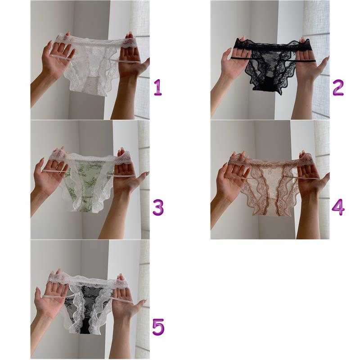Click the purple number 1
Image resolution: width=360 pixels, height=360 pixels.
[x=158, y=87]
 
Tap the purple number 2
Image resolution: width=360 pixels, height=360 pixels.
[x=338, y=87]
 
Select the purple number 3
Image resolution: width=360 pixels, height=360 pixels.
[x=158, y=207]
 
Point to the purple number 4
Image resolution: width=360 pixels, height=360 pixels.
[x=338, y=207]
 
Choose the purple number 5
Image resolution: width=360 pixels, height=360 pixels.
[x=158, y=327]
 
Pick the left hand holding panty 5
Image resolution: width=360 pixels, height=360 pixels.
[x=52, y=296]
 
